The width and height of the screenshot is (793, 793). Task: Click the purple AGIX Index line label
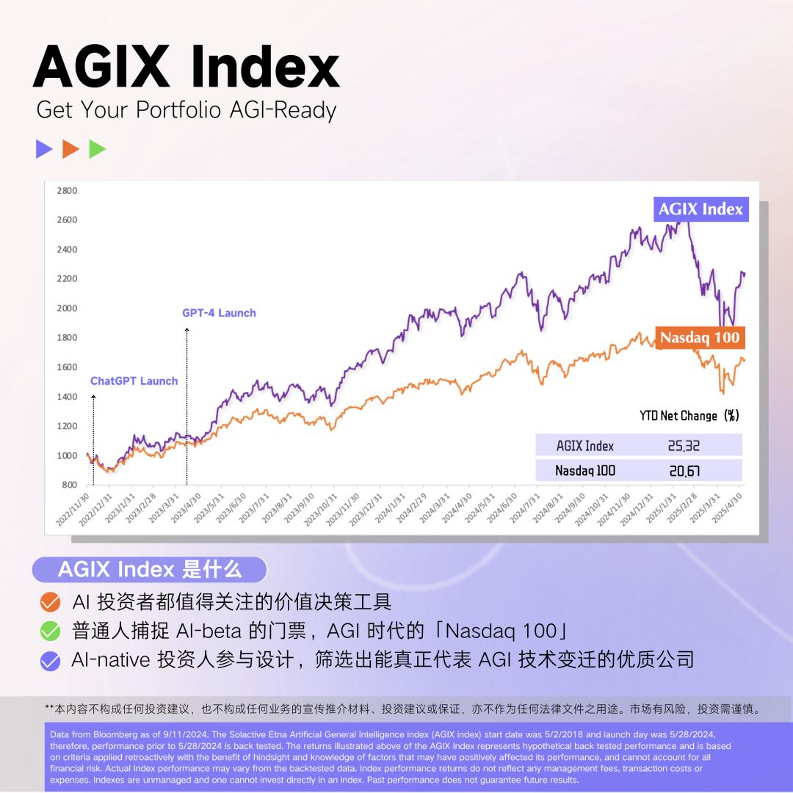(x=700, y=209)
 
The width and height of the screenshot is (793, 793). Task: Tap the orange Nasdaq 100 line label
(x=700, y=338)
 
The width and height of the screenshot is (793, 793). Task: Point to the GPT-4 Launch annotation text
(x=219, y=313)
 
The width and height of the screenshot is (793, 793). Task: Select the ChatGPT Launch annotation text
(x=134, y=381)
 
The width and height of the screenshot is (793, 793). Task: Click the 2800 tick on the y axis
(x=67, y=191)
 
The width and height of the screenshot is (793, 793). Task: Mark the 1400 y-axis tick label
(x=67, y=396)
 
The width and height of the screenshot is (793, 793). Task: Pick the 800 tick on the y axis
(x=69, y=485)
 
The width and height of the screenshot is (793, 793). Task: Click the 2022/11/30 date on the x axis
(x=73, y=510)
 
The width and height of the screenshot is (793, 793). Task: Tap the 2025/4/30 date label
(x=727, y=508)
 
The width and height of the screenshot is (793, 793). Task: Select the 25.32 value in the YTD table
(x=684, y=446)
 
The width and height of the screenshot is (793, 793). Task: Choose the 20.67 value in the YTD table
(x=684, y=471)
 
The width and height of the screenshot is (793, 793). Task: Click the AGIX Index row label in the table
(x=584, y=446)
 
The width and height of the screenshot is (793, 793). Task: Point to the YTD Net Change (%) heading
(x=689, y=416)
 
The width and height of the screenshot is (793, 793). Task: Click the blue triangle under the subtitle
(x=44, y=148)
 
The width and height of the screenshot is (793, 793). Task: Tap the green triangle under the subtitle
(x=97, y=148)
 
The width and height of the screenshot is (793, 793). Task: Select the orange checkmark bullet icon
(x=50, y=602)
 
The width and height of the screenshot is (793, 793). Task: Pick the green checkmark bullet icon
(x=50, y=631)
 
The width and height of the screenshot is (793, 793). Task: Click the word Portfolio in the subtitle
(x=178, y=109)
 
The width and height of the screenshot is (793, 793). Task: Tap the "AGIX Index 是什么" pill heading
(x=150, y=570)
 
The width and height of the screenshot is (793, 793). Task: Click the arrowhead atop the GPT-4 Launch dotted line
(x=187, y=330)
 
